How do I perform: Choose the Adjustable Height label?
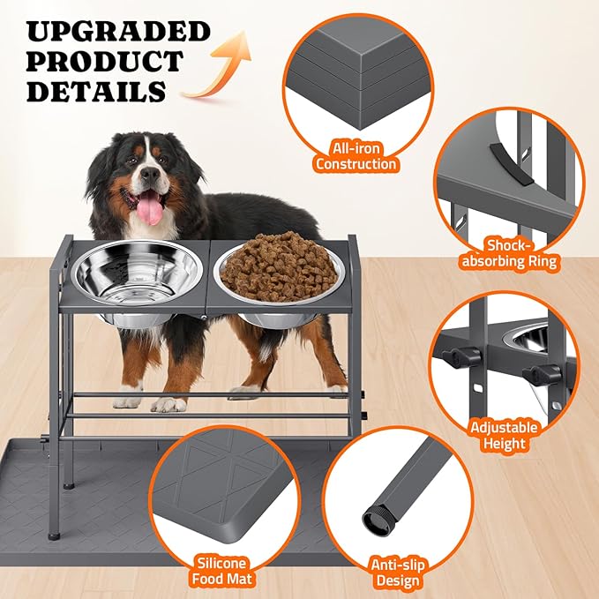point(504,435)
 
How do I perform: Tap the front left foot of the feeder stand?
point(55,534)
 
